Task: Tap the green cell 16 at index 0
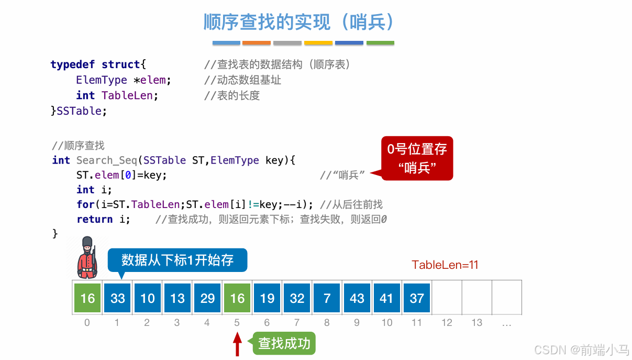point(87,298)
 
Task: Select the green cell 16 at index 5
point(237,298)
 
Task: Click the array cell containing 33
point(117,298)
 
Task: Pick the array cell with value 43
point(357,298)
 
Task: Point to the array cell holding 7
point(327,298)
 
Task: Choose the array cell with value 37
point(417,298)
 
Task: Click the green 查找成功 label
point(284,344)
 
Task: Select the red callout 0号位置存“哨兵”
point(417,158)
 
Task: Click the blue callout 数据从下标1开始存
point(177,260)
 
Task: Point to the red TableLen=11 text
point(445,265)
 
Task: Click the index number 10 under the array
point(387,323)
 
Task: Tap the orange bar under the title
point(257,43)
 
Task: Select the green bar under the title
point(380,43)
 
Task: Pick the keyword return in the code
point(95,219)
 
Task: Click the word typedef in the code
point(73,64)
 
